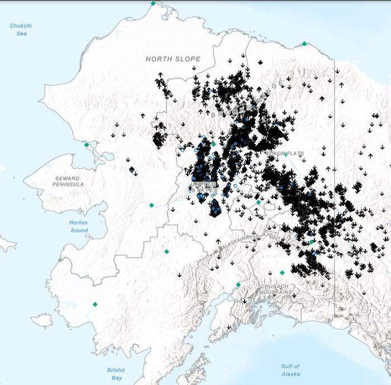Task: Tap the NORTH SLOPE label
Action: point(173,59)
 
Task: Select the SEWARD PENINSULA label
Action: point(69,181)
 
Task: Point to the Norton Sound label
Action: point(79,226)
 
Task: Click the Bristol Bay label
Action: point(116,374)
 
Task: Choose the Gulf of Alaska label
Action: point(290,370)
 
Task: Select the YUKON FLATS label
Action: point(285,153)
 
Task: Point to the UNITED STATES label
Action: point(204,188)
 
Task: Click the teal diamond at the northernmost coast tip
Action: point(152,3)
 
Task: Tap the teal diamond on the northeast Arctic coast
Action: point(304,44)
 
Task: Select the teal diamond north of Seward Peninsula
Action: point(86,145)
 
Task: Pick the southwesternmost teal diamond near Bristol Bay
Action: point(95,305)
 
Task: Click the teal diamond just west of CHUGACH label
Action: point(238,285)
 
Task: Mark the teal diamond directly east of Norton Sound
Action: point(151,205)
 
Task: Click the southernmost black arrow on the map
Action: point(228,327)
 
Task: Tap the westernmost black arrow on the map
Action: point(113,134)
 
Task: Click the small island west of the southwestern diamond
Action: point(42,320)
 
